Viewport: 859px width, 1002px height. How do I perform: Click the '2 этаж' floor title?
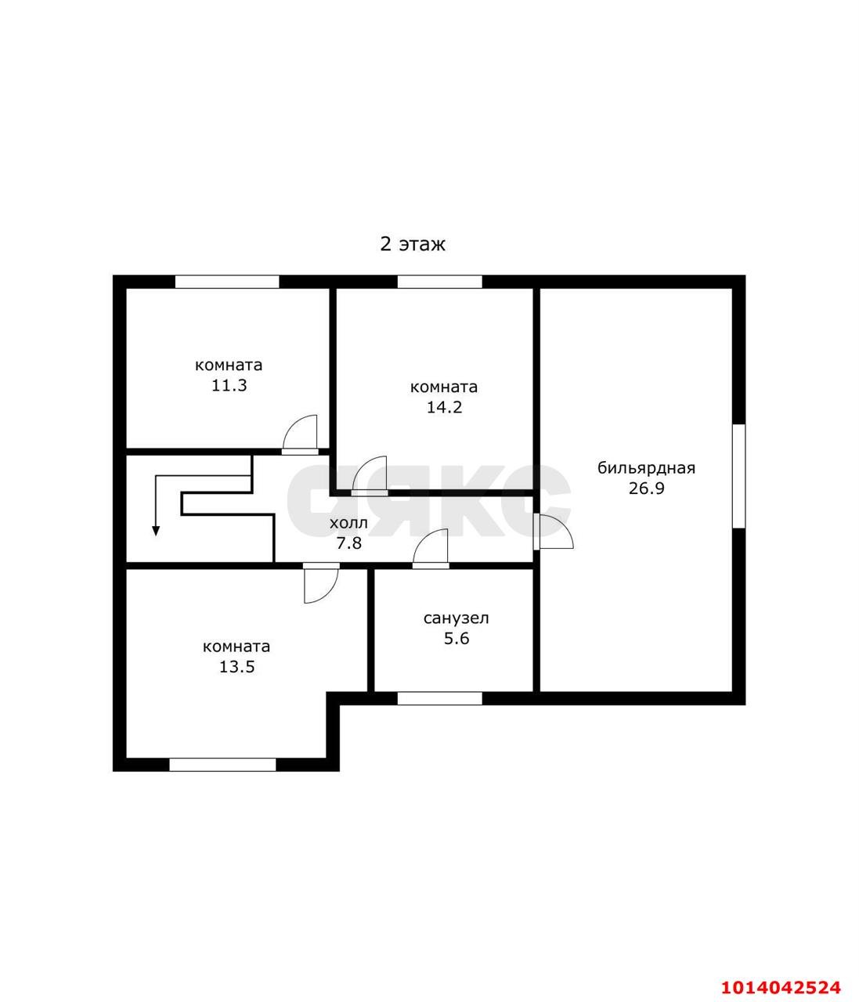(413, 244)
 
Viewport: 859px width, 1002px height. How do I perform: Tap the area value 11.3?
(229, 385)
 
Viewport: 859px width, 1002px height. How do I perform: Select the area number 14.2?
(444, 407)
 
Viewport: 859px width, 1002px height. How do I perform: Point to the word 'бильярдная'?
(646, 469)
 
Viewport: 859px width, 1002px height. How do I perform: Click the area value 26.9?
(647, 488)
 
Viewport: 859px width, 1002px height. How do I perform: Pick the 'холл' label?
(348, 524)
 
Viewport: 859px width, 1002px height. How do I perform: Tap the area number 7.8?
(349, 543)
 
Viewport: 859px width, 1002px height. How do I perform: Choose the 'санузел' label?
(456, 618)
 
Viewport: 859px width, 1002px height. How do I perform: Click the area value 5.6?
(457, 639)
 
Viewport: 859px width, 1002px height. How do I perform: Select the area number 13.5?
(236, 667)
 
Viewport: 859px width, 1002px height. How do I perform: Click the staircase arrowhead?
(156, 531)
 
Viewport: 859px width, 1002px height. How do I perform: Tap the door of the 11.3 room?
(300, 434)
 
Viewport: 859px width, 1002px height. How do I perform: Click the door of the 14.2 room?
(370, 475)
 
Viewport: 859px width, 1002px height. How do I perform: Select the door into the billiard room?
(554, 532)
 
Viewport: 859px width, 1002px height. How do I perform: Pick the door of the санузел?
(430, 548)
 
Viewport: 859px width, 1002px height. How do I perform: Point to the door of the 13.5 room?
(321, 583)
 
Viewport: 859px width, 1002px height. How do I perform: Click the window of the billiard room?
(738, 476)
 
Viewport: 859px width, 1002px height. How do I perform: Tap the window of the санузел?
(440, 698)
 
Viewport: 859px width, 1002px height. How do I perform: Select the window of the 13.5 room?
(222, 765)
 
